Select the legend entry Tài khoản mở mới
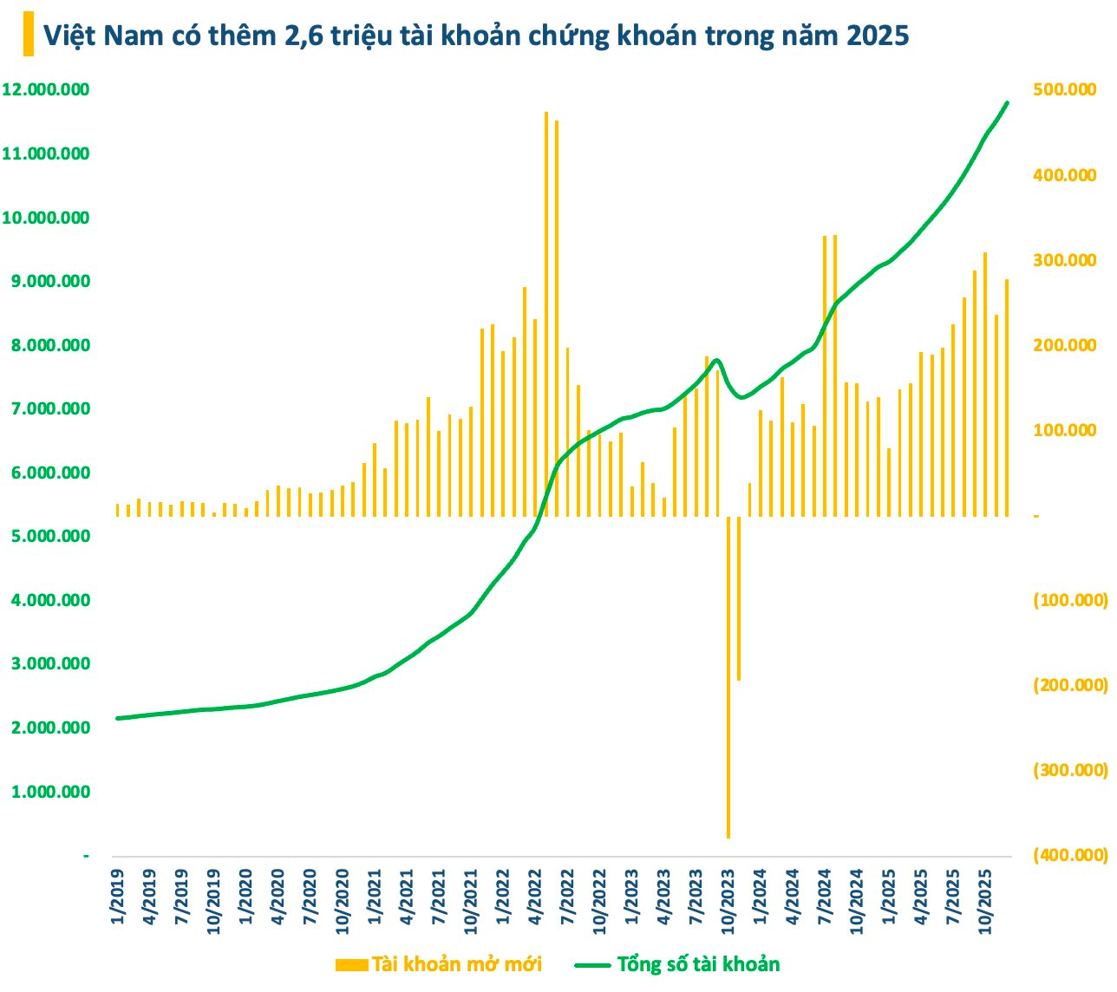click(439, 964)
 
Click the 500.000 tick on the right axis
click(1064, 90)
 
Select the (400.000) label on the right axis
click(1070, 855)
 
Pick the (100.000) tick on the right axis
click(1070, 600)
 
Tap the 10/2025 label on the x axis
click(985, 906)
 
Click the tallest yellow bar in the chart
click(546, 312)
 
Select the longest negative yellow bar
click(728, 676)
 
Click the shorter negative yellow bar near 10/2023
click(739, 598)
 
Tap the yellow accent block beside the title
click(29, 34)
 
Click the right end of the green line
click(1007, 103)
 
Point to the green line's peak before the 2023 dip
click(716, 361)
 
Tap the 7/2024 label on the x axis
click(826, 904)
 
